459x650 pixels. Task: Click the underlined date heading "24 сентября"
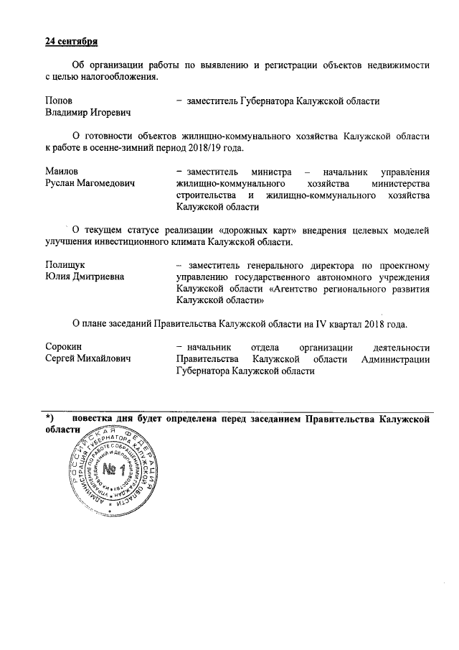tap(72, 40)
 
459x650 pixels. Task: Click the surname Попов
tap(59, 101)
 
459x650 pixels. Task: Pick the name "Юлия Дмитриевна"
tap(84, 277)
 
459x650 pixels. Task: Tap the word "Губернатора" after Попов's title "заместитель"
tap(265, 101)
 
